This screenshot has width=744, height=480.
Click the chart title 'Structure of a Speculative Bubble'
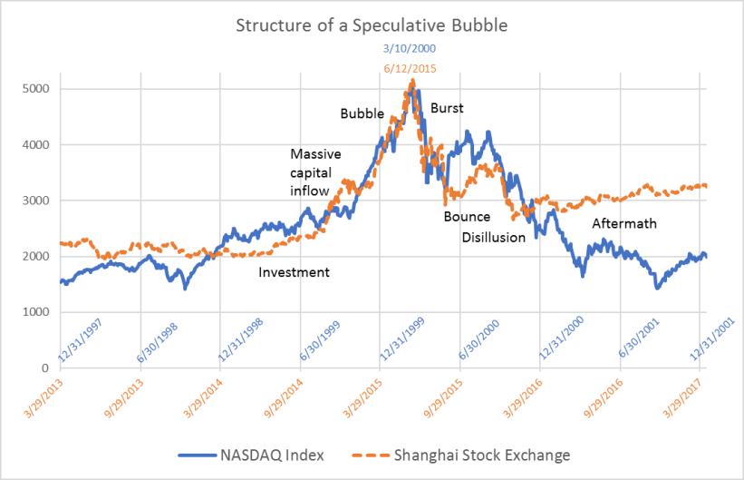(372, 24)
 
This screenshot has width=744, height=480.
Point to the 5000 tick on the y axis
(35, 89)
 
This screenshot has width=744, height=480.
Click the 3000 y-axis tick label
(35, 201)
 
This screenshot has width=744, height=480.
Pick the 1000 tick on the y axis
(35, 312)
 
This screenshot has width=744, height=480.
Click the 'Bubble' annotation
(362, 114)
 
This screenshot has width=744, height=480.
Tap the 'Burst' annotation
(447, 109)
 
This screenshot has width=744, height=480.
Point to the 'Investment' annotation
(295, 272)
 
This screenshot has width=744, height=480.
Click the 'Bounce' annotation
(467, 217)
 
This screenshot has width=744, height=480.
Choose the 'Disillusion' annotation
(494, 238)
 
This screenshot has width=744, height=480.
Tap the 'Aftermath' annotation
(624, 223)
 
